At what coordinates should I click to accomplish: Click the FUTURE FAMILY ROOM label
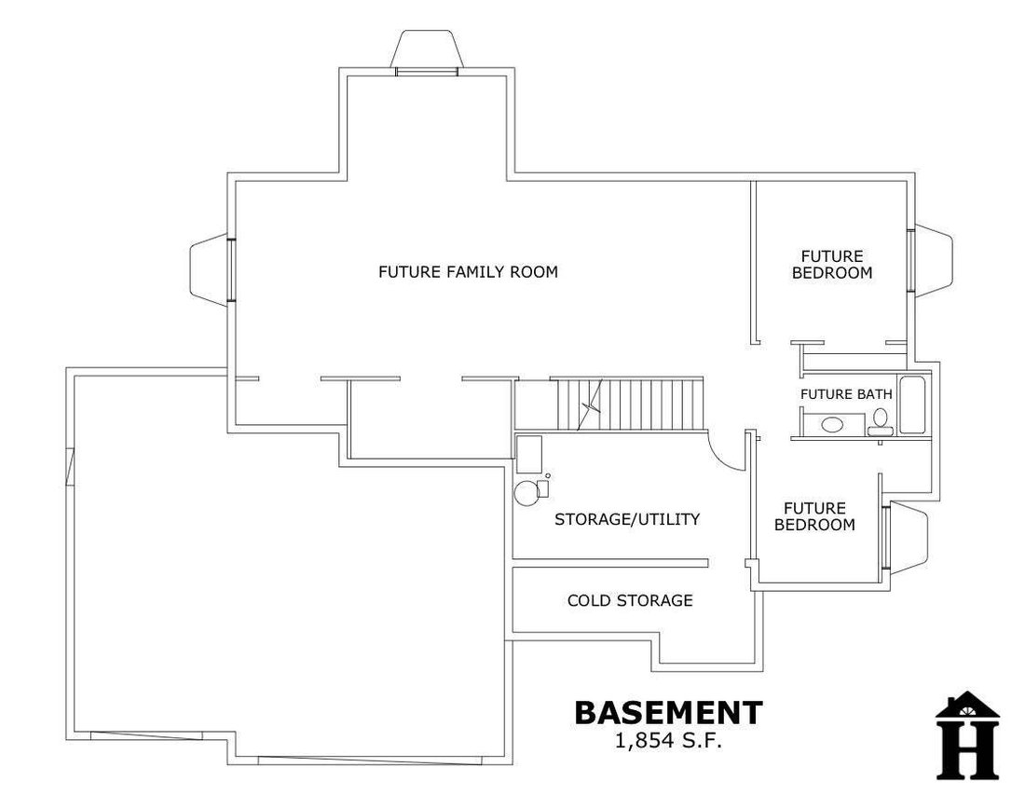tap(468, 271)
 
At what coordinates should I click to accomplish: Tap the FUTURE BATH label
tap(846, 394)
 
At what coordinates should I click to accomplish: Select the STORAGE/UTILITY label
tap(627, 519)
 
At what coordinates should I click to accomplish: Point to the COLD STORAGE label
tap(630, 600)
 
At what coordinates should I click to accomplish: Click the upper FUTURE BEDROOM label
tap(832, 264)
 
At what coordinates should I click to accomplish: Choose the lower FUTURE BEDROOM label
tap(814, 516)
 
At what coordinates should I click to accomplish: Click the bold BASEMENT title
tap(669, 713)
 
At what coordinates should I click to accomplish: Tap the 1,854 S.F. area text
tap(669, 741)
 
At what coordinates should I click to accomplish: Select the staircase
tap(630, 404)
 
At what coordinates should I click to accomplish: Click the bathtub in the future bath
tap(912, 404)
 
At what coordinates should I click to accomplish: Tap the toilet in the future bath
tap(881, 422)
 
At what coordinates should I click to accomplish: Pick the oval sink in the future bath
tap(832, 425)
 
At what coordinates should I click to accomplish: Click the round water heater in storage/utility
tap(526, 493)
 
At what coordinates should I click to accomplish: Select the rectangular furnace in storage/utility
tap(529, 455)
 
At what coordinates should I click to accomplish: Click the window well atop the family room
tap(427, 48)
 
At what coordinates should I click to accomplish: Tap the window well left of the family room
tap(209, 268)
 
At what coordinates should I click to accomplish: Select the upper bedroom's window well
tap(934, 260)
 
